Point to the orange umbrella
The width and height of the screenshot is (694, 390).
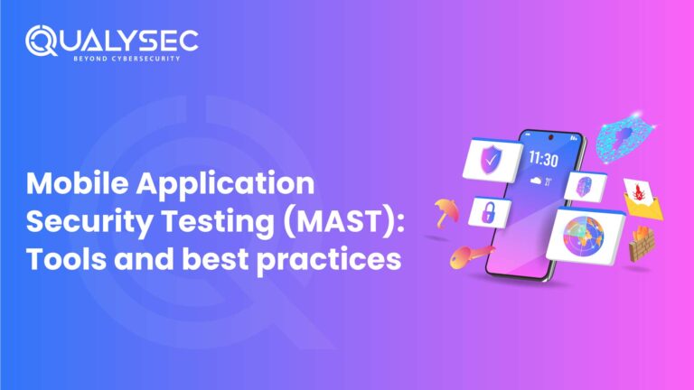(445, 212)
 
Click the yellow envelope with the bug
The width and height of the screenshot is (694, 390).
(642, 198)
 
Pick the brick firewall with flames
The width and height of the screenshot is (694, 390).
(644, 244)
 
